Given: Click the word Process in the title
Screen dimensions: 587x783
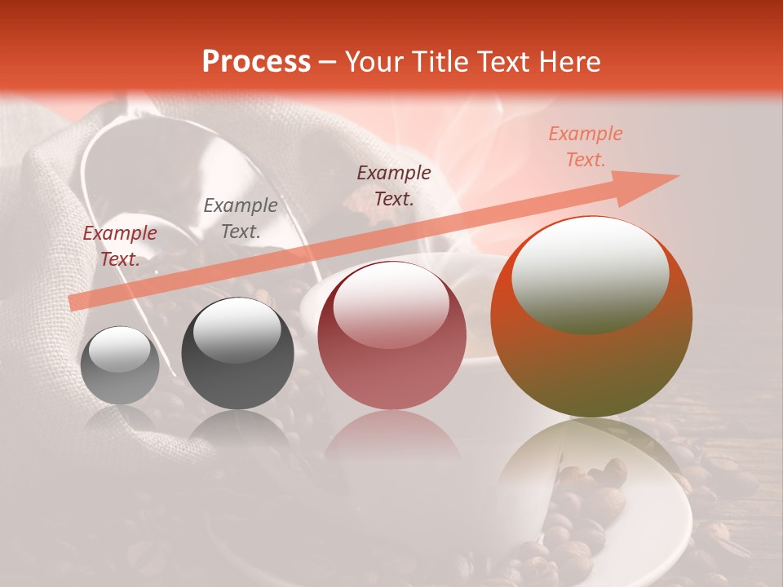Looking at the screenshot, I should [256, 62].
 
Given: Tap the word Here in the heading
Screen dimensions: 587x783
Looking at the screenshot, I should [568, 62].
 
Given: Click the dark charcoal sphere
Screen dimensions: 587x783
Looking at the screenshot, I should [237, 354].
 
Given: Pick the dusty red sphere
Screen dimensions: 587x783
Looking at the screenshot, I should [391, 336].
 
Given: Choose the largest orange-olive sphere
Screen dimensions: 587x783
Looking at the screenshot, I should [591, 318].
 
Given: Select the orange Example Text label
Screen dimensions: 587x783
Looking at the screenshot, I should [585, 147].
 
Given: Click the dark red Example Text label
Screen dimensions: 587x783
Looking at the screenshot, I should [120, 246].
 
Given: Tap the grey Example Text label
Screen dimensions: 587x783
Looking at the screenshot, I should [241, 218].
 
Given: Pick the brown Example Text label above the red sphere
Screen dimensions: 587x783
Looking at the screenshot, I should [394, 185].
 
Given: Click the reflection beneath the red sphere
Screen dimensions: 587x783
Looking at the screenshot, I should [391, 440].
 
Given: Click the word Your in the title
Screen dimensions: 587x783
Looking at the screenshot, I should [371, 62].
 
